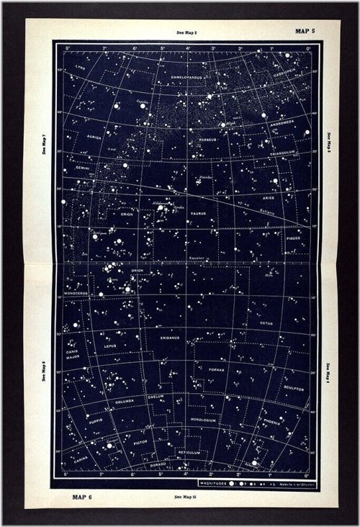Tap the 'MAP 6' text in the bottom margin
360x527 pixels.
click(x=82, y=496)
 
